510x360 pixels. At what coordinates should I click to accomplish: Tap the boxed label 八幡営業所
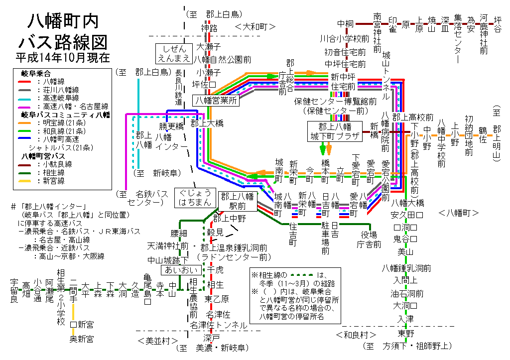(x=217, y=100)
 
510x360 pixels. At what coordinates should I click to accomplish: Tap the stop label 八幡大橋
(x=407, y=203)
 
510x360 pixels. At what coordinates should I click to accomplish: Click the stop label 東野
(x=406, y=333)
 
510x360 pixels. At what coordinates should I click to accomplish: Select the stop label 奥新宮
(x=81, y=339)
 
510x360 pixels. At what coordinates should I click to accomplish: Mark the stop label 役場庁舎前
(x=369, y=240)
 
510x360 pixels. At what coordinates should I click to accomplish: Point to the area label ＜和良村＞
(x=356, y=334)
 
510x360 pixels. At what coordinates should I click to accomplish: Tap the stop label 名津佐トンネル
(x=218, y=325)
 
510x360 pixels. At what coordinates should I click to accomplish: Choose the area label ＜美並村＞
(x=158, y=341)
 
